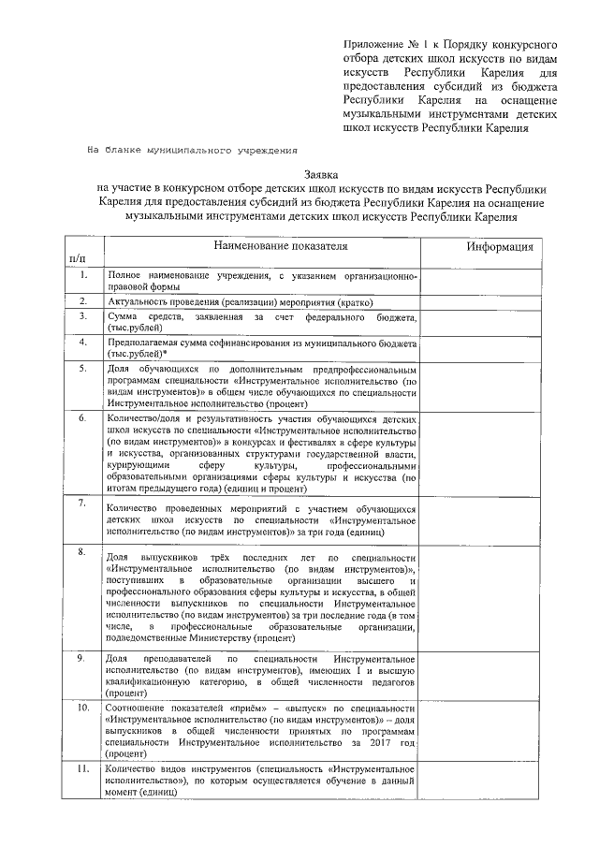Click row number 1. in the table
click(83, 275)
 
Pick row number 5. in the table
click(83, 371)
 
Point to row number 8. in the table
click(83, 552)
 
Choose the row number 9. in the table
click(83, 660)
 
